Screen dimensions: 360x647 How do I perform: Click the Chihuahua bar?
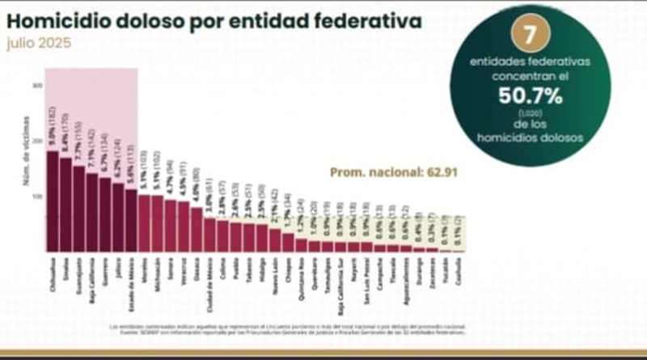point(53,202)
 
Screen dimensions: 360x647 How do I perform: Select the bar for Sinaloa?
point(66,206)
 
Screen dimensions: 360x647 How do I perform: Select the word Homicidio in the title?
point(57,20)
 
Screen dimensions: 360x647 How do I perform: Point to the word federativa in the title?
point(367,20)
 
